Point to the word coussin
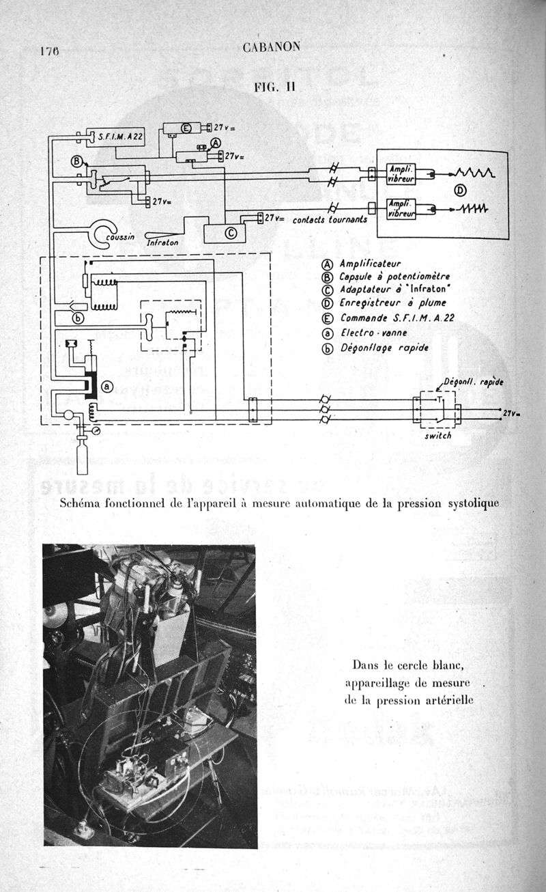tap(121, 236)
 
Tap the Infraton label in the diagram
tap(162, 242)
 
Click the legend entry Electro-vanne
tap(364, 333)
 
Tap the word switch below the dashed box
tap(437, 436)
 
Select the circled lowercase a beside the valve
tap(106, 387)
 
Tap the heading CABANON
tap(271, 47)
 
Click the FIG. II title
tap(273, 87)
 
